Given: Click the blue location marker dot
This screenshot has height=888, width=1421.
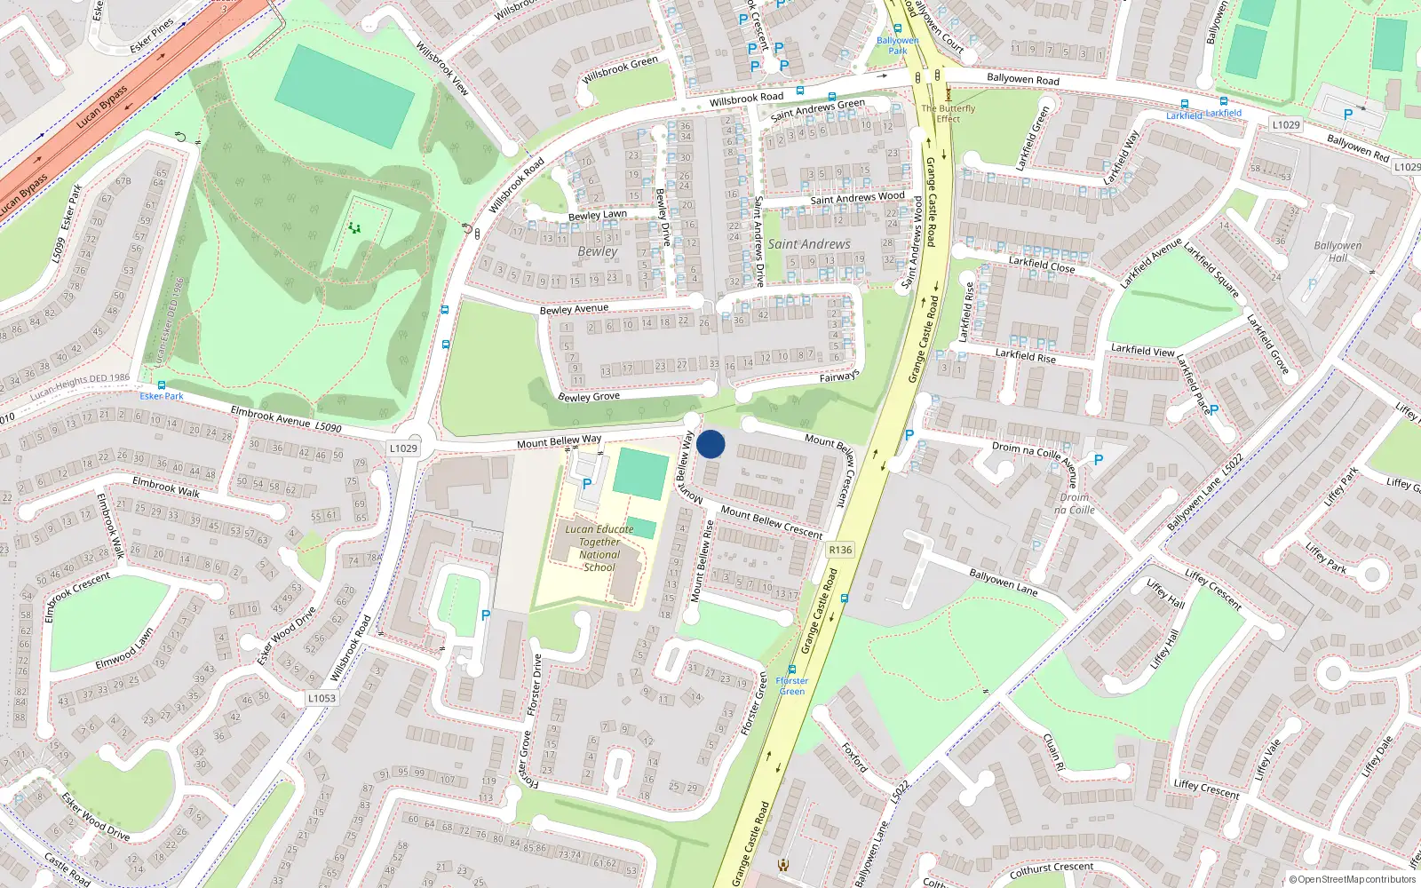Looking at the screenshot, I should point(710,444).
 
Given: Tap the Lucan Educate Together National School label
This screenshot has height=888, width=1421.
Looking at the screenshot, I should point(599,548).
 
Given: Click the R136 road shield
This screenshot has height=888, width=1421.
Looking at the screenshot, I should point(839,550).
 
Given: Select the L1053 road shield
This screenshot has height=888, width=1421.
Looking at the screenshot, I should point(322,698).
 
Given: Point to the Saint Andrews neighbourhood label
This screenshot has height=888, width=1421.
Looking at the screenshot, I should point(809,244).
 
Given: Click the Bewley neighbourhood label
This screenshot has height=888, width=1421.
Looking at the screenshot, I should point(597,251).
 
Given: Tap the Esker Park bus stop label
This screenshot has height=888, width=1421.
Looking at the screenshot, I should point(162,396).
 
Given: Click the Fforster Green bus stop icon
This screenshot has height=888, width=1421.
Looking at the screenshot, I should point(792,670).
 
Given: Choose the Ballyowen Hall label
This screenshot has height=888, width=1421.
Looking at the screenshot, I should point(1338,251).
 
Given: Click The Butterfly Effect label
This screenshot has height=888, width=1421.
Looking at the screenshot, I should point(948,114).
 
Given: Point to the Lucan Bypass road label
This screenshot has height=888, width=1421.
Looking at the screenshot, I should point(101,107).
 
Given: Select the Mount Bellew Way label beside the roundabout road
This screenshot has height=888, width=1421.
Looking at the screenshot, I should point(559,441).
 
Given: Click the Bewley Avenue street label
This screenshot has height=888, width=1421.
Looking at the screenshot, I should point(574,309).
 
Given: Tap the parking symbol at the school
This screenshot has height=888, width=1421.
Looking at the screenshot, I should point(586,484).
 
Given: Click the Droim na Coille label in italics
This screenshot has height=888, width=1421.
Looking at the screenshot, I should point(1075,503).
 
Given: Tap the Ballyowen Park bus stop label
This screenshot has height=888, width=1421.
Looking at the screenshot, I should point(898,45).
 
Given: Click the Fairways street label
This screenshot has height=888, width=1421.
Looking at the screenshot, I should point(838,377).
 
